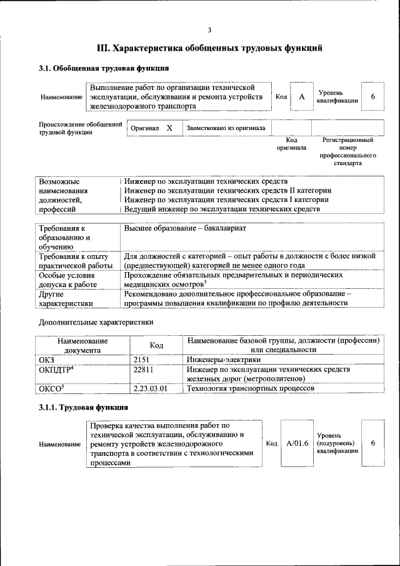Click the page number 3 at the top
tap(210, 29)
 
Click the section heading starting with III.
tap(210, 48)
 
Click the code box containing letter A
tap(302, 97)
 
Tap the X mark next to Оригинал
tap(169, 128)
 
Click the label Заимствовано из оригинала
tap(226, 128)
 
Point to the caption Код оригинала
tap(291, 144)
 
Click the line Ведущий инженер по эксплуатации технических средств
tap(222, 210)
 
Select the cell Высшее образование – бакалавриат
tap(185, 228)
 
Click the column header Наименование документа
tap(82, 345)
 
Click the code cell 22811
tap(144, 370)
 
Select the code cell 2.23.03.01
tap(151, 388)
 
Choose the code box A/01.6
tap(297, 443)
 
